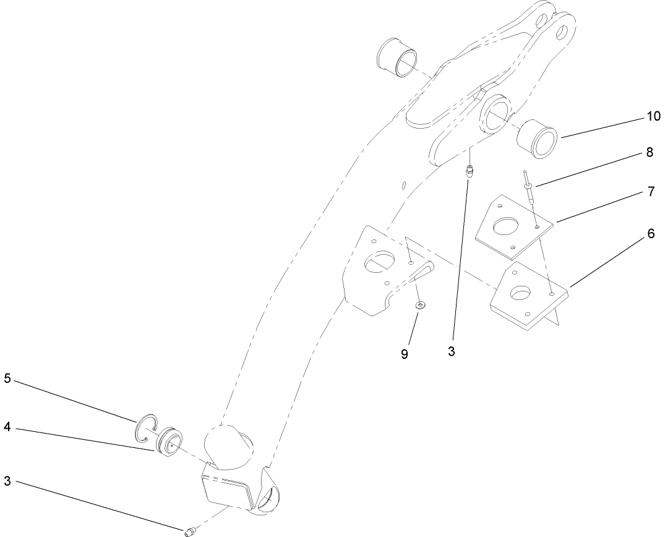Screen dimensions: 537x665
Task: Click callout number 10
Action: click(636, 116)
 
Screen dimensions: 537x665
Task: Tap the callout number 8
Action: click(649, 152)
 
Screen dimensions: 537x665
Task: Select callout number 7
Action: click(650, 191)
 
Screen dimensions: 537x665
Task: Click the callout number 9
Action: click(405, 354)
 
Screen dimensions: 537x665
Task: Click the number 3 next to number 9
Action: click(452, 351)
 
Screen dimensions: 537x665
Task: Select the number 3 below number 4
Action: click(7, 480)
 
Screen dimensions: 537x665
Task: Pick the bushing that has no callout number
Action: click(397, 59)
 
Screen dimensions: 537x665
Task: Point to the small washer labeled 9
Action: click(420, 306)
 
